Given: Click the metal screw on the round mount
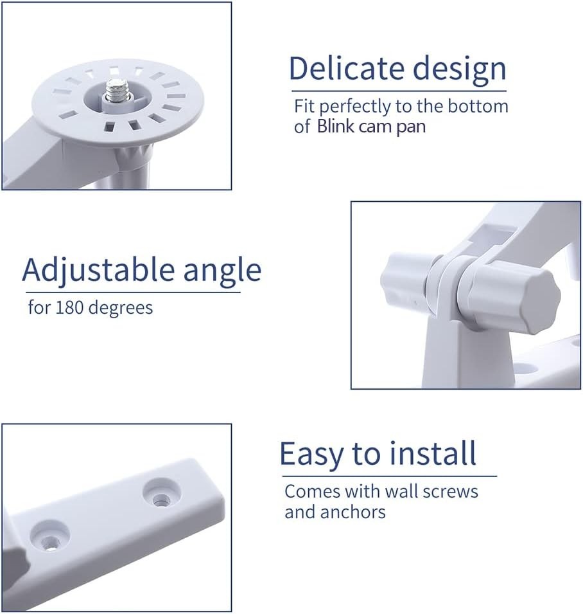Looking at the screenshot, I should tap(119, 91).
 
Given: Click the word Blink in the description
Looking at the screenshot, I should tap(336, 126).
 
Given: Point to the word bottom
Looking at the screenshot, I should tap(475, 106).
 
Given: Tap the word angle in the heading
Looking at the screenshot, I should tap(222, 271).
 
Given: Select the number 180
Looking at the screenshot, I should tap(69, 307).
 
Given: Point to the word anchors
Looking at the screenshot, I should tap(354, 512).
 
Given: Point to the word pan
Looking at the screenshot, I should tap(410, 127).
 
